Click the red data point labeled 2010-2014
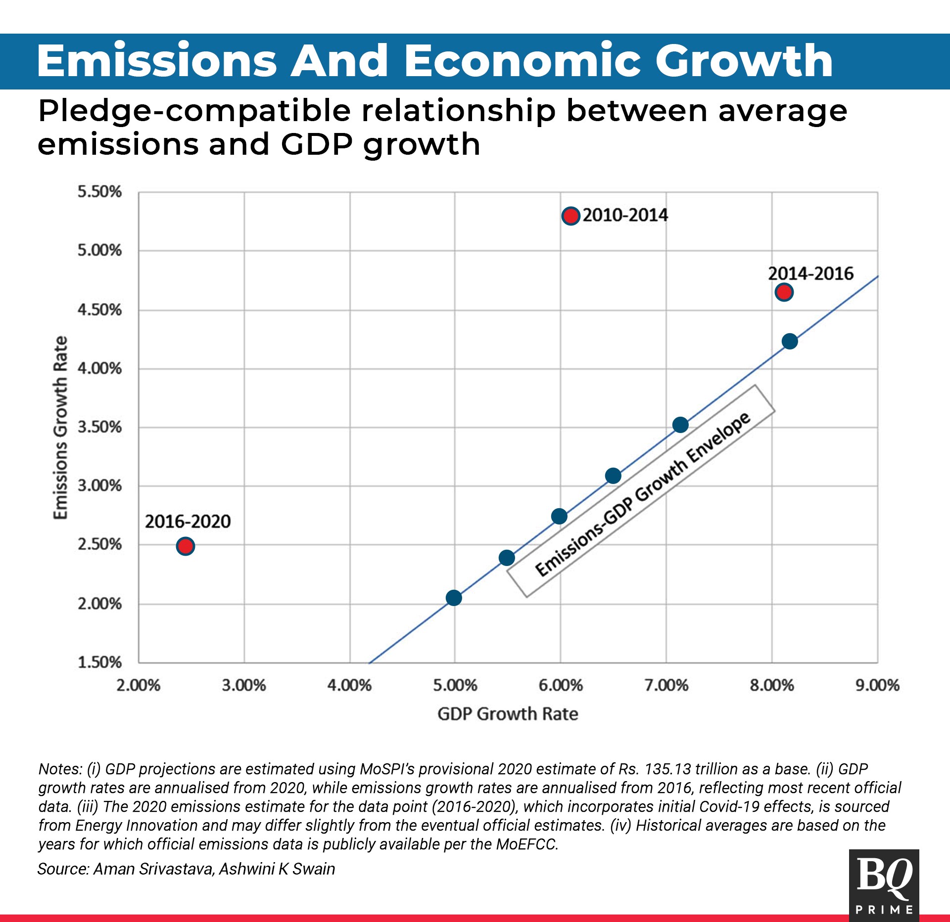(x=570, y=216)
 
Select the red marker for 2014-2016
(x=784, y=292)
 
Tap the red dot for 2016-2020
(x=185, y=546)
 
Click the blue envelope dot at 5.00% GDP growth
(x=454, y=598)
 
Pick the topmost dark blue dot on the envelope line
(x=790, y=341)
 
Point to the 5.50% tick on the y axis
(x=99, y=192)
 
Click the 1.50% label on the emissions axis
(x=99, y=662)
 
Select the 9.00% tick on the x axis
(x=877, y=685)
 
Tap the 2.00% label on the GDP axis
(x=139, y=685)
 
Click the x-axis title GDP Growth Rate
(x=508, y=714)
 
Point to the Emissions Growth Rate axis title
(x=60, y=428)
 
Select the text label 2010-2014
(x=625, y=216)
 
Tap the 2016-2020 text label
(x=188, y=522)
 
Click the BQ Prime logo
(x=884, y=885)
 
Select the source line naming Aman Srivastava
(x=186, y=869)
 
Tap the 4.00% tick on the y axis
(x=99, y=368)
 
